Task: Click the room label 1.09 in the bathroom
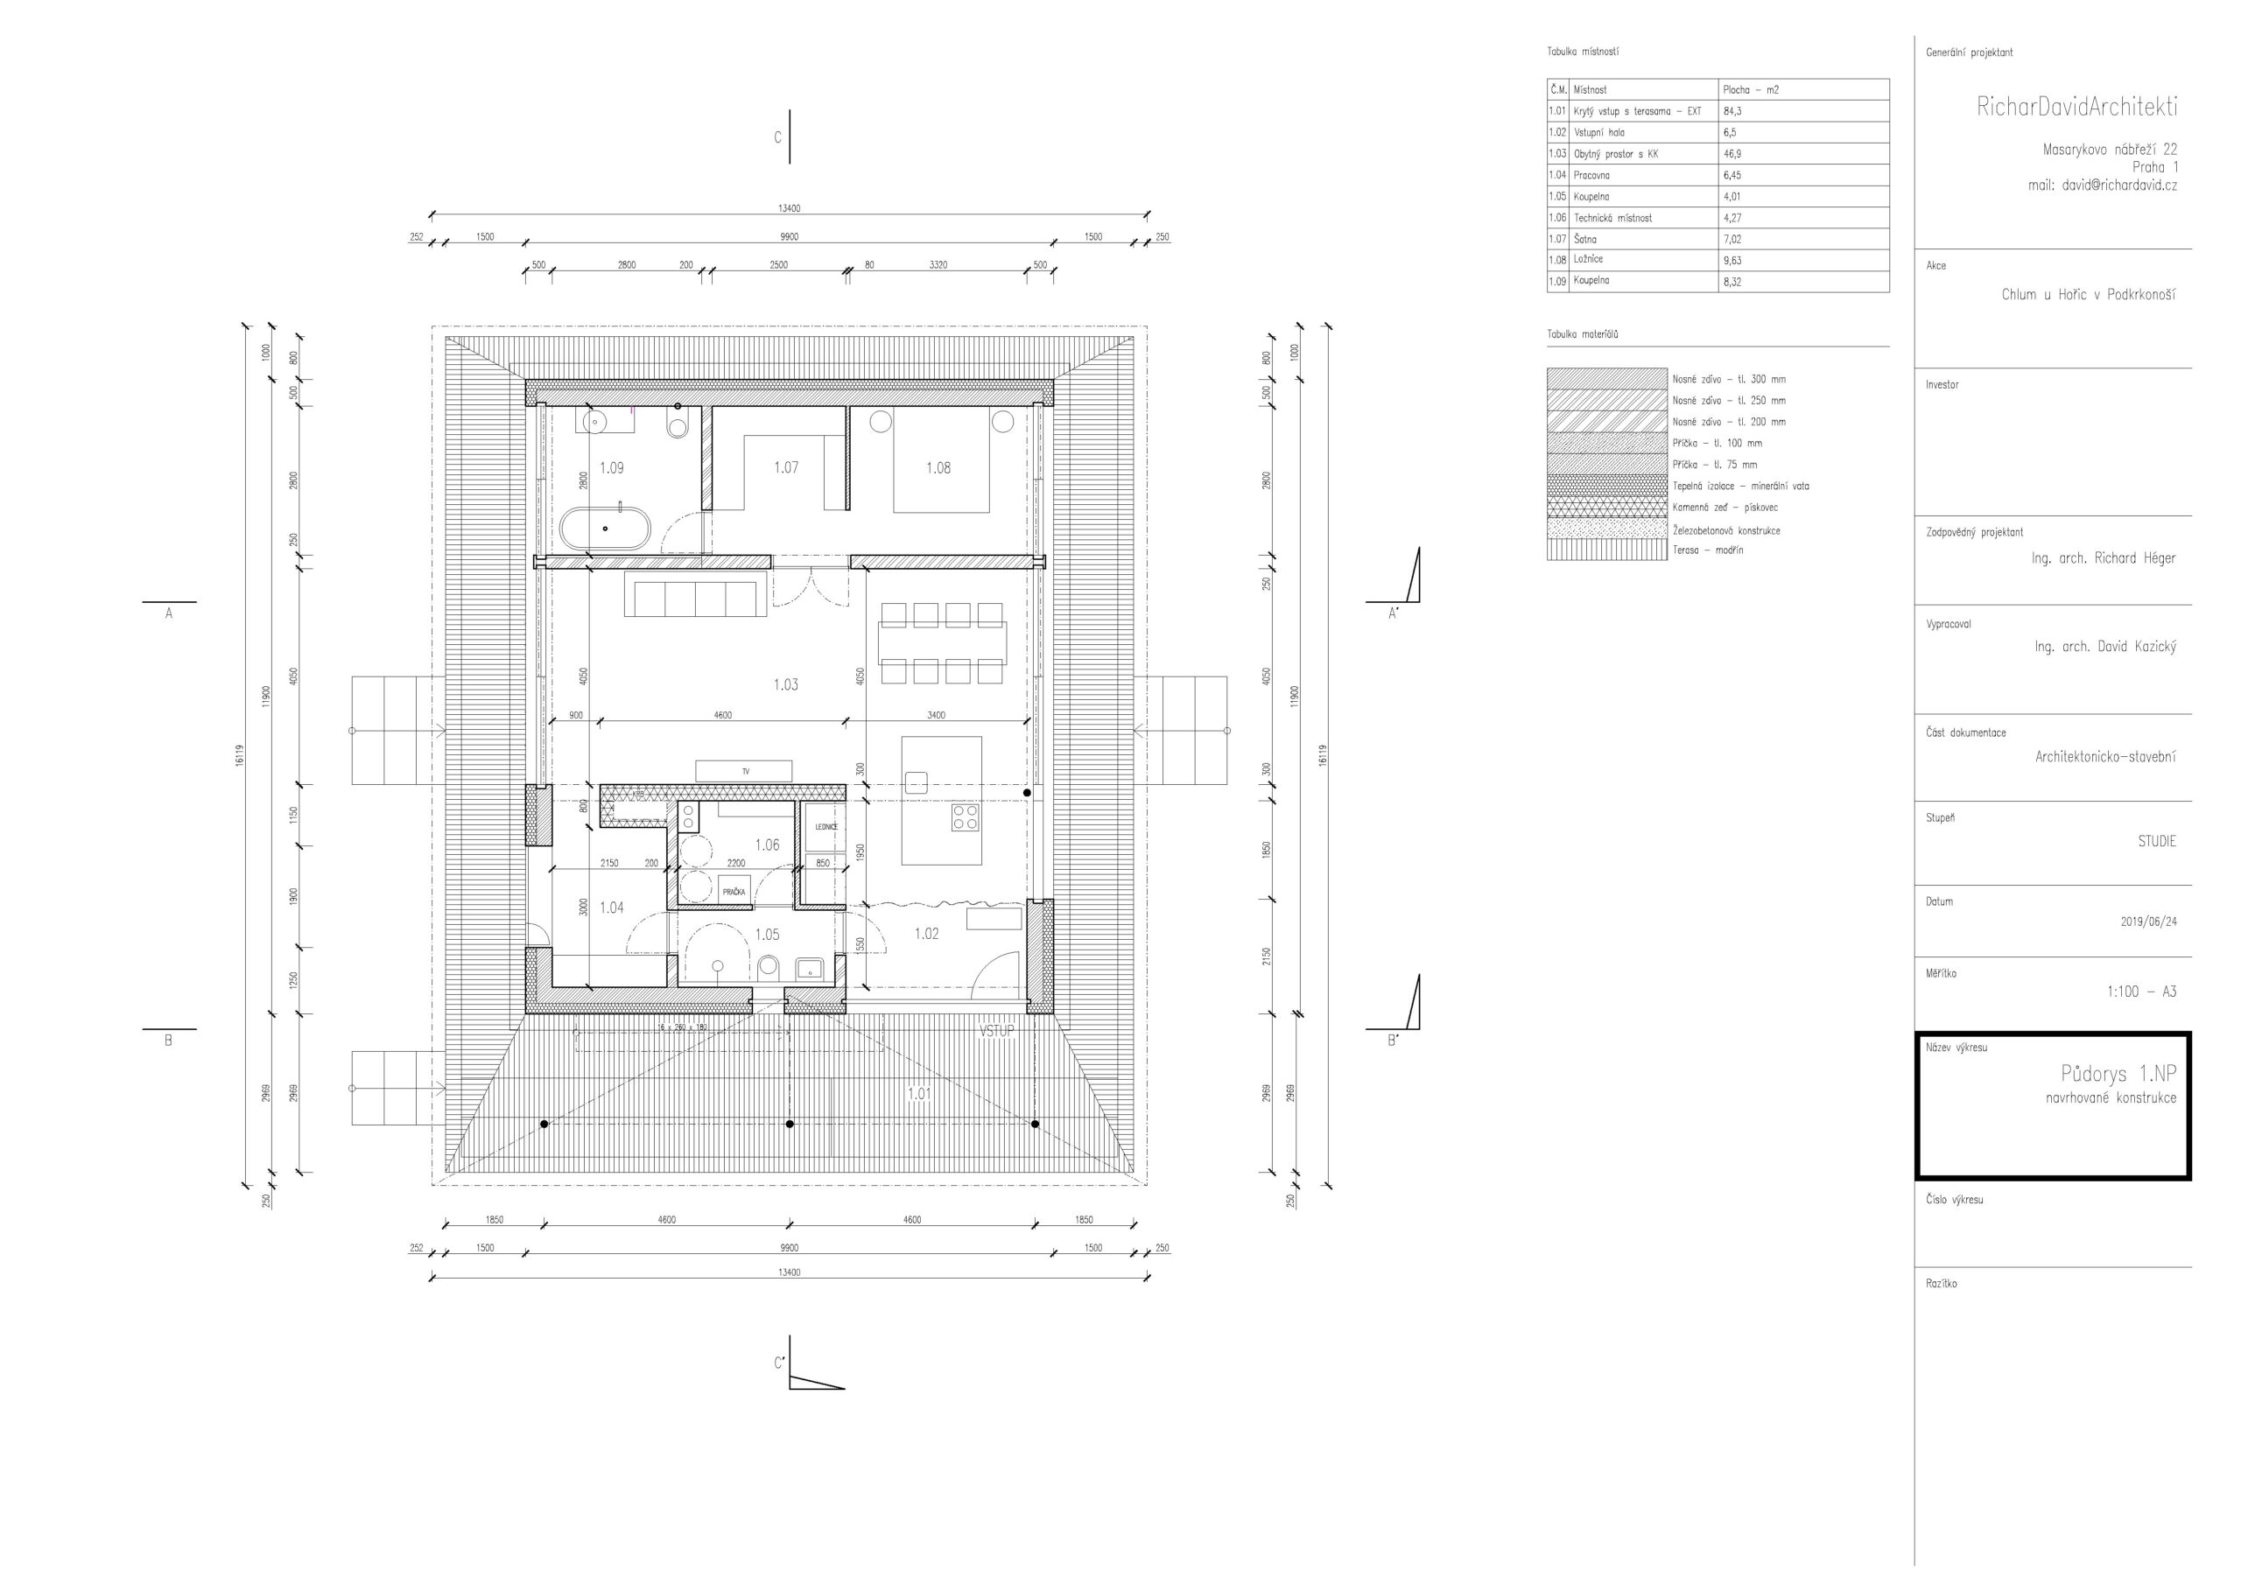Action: tap(611, 468)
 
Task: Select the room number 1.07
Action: tap(786, 468)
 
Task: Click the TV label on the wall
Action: tap(746, 771)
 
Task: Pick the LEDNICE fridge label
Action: tap(825, 827)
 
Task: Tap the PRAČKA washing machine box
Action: tap(734, 892)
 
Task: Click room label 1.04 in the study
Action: tap(611, 908)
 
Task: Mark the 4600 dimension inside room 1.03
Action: tap(722, 715)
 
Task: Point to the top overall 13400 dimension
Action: tap(789, 209)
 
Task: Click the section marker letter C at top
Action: tap(778, 137)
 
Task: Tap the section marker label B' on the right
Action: tap(1393, 1041)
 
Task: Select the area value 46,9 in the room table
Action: tap(1732, 154)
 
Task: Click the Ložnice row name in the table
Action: tap(1588, 260)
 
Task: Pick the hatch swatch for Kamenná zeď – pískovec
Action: tap(1606, 508)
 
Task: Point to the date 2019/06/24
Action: tap(2148, 922)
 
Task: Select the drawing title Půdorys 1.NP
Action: tap(2118, 1075)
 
